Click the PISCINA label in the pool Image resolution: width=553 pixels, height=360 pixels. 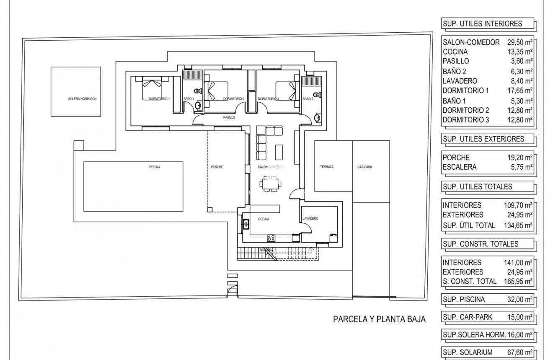(155, 167)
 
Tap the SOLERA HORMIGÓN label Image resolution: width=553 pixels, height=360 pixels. (83, 99)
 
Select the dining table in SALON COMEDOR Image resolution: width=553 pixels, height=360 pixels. (270, 184)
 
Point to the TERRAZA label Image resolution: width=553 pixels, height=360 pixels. (327, 167)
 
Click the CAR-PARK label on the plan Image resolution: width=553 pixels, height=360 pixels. (365, 167)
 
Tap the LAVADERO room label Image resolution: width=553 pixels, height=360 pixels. (310, 219)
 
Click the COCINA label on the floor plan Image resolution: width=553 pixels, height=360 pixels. (263, 219)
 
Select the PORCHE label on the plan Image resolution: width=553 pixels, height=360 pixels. (217, 167)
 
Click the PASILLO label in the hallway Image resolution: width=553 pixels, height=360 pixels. (229, 118)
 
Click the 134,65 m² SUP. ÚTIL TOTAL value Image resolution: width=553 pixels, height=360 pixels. (518, 225)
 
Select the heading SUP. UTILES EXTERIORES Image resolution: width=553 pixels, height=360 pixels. (483, 139)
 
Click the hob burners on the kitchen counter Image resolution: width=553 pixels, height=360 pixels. (271, 238)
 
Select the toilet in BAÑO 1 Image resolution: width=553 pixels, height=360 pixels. (196, 91)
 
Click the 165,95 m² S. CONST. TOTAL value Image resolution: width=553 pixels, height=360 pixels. (518, 281)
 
